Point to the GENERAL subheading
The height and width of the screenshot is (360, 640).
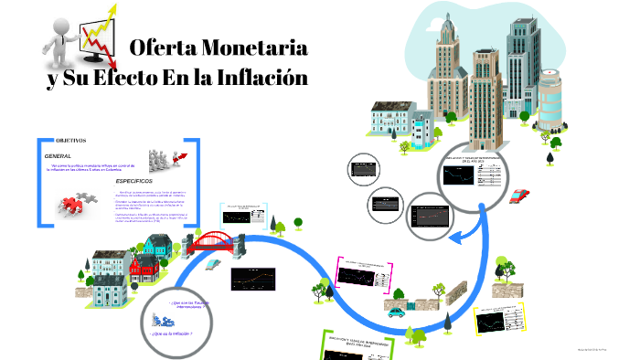click(58, 156)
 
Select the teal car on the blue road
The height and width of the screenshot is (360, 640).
click(397, 311)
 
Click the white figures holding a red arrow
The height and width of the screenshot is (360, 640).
click(166, 162)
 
